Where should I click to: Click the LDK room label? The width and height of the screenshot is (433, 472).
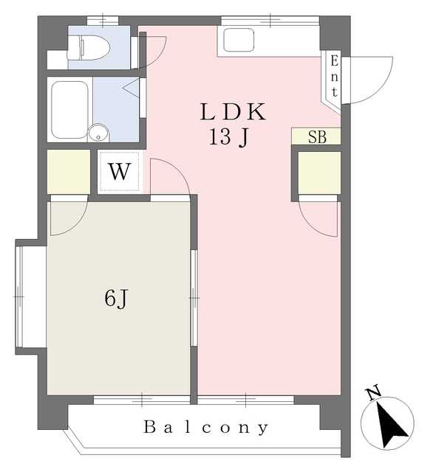coord(233,111)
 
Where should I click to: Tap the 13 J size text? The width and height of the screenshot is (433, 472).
coord(229,137)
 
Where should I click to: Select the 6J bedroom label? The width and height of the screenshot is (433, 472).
coord(117,298)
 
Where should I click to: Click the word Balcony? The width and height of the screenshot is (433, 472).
coord(205,428)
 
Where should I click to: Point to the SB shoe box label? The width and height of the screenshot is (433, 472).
coord(317,136)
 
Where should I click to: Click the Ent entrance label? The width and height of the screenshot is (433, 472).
coord(334,77)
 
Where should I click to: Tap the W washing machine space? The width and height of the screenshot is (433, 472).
coord(120,172)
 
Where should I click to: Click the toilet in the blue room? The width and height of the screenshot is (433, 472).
coord(89,47)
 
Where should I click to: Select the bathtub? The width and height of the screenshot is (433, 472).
coord(69,110)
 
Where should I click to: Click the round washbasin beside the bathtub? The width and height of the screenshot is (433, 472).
coord(98,133)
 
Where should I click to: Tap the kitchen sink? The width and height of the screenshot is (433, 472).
coord(239,40)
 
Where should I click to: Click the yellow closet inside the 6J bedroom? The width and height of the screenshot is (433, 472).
coord(69,172)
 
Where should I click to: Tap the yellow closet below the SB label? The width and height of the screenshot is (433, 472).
coord(319,173)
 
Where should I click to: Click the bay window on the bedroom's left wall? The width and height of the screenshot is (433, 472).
coord(19,296)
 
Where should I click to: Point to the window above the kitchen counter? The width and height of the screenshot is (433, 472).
coord(270,21)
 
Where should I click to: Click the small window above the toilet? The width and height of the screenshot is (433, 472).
coord(103,21)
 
